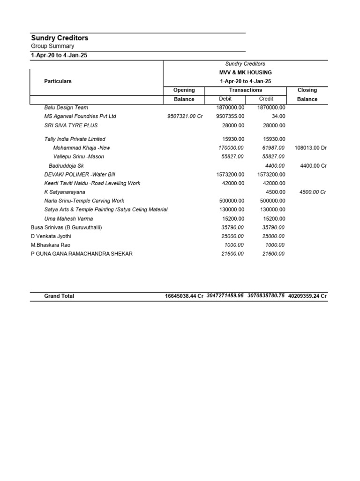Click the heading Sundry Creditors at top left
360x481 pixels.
pyautogui.click(x=60, y=38)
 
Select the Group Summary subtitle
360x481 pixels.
pyautogui.click(x=52, y=46)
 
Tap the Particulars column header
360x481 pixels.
pyautogui.click(x=58, y=81)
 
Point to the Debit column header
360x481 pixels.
pyautogui.click(x=225, y=99)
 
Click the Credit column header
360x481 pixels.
pyautogui.click(x=266, y=99)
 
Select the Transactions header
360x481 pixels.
pyautogui.click(x=246, y=90)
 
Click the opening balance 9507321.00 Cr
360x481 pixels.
pyautogui.click(x=185, y=116)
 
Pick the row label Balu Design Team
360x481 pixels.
pyautogui.click(x=66, y=107)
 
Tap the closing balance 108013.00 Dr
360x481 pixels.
pyautogui.click(x=310, y=147)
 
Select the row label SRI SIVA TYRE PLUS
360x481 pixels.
pyautogui.click(x=71, y=125)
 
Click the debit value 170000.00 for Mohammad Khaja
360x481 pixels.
pyautogui.click(x=231, y=147)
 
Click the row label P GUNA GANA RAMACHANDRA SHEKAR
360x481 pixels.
pyautogui.click(x=82, y=254)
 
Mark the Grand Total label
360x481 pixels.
pyautogui.click(x=59, y=296)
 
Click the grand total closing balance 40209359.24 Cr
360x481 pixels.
pyautogui.click(x=307, y=296)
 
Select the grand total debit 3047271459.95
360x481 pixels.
pyautogui.click(x=225, y=295)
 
